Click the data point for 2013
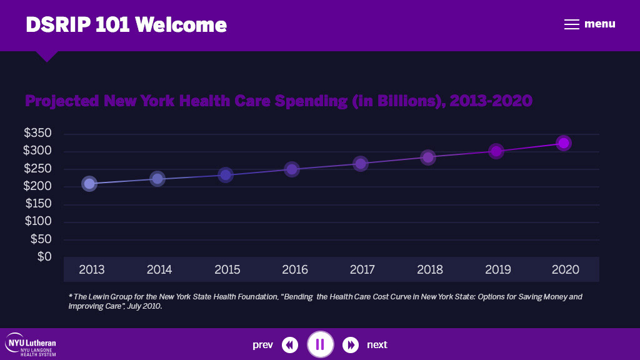pyautogui.click(x=89, y=184)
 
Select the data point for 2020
pyautogui.click(x=564, y=143)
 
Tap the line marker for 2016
pyautogui.click(x=292, y=169)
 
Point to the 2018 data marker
pyautogui.click(x=427, y=157)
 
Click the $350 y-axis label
pyautogui.click(x=37, y=133)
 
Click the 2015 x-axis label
pyautogui.click(x=227, y=270)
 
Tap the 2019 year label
pyautogui.click(x=498, y=270)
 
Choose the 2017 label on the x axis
pyautogui.click(x=362, y=270)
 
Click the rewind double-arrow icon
pyautogui.click(x=290, y=344)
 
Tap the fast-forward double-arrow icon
pyautogui.click(x=351, y=344)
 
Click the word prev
pyautogui.click(x=262, y=345)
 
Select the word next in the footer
pyautogui.click(x=377, y=345)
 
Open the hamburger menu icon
pyautogui.click(x=572, y=24)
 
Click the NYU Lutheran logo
pyautogui.click(x=31, y=344)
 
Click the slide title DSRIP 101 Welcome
pyautogui.click(x=126, y=25)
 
